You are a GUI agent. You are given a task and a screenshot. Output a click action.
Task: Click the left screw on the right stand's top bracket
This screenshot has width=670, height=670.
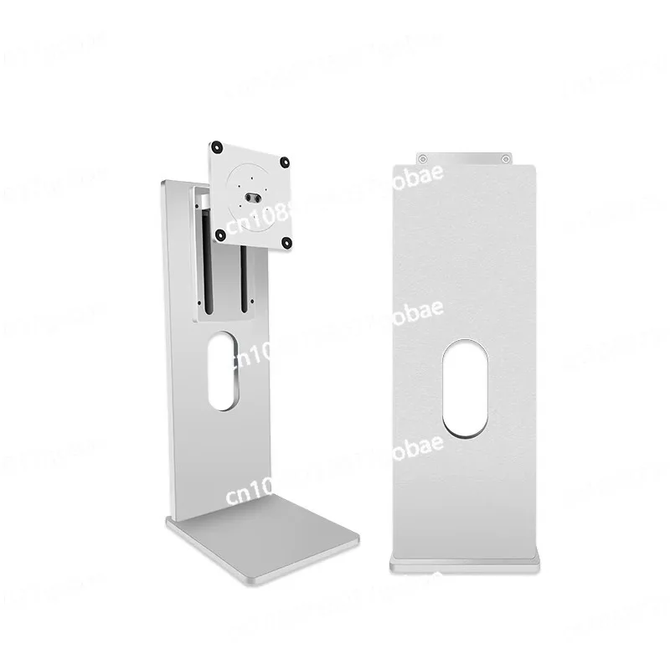coord(424,157)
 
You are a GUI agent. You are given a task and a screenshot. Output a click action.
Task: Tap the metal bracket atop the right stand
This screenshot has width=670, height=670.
coord(466,157)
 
